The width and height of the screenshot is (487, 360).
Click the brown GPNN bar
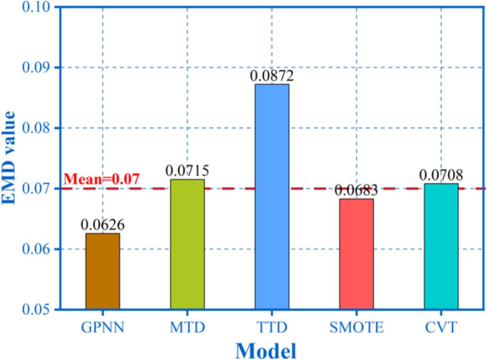102,272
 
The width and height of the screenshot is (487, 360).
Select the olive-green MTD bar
187,244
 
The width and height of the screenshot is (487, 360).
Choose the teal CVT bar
441,246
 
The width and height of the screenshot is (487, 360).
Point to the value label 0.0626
102,225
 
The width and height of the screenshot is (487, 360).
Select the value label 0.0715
187,171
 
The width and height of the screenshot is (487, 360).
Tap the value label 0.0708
441,175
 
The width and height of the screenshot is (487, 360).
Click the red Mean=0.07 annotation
101,179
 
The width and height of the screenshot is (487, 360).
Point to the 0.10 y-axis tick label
38,8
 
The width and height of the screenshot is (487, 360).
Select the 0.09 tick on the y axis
38,68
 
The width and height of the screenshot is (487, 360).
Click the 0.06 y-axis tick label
38,249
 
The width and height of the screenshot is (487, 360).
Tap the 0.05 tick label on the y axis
38,309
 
